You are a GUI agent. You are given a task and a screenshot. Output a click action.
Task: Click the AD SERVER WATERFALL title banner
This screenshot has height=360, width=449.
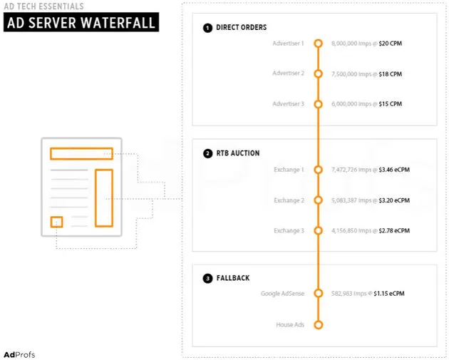(81, 23)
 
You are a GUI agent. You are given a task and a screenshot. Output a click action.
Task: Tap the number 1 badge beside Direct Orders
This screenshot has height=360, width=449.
(207, 28)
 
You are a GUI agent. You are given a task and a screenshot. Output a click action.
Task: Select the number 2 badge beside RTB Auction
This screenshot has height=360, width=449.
(207, 153)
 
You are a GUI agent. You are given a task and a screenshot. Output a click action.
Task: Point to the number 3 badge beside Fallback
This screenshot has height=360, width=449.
(207, 278)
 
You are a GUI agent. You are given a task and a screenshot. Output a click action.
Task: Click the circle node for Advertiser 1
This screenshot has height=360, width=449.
(319, 43)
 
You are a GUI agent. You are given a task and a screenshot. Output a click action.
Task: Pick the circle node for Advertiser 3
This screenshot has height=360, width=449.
(319, 104)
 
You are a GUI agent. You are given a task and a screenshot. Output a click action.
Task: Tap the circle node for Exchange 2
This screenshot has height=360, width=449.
(319, 200)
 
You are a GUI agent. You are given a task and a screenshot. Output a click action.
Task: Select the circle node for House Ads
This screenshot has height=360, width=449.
(319, 325)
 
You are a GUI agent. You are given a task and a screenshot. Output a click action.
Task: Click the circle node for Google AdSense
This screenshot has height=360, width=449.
(319, 293)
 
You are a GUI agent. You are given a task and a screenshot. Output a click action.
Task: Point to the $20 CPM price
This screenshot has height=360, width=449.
(391, 43)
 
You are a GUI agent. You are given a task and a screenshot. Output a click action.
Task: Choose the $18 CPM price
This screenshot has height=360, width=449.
(391, 73)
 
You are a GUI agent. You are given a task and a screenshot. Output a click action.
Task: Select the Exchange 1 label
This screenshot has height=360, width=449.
(289, 170)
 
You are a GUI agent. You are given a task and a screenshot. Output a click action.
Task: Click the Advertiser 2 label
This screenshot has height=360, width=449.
(288, 73)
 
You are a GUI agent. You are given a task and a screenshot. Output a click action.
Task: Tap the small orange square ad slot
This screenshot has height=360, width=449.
(56, 222)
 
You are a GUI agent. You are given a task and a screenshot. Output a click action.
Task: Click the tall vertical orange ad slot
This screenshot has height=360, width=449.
(104, 197)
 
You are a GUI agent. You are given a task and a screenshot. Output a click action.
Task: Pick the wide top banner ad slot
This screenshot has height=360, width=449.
(81, 153)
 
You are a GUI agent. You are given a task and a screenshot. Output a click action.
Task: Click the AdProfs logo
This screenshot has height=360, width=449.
(19, 354)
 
